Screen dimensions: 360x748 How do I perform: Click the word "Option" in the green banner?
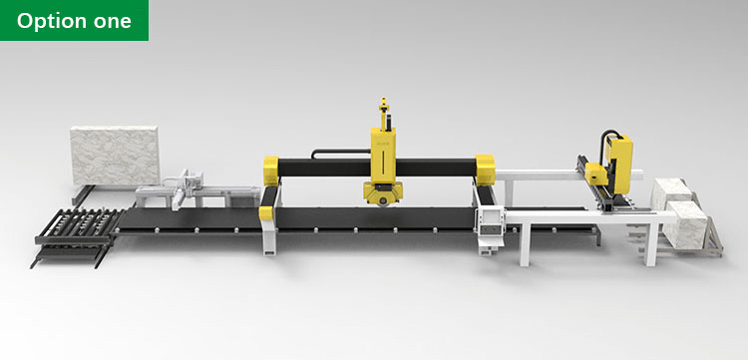(x=53, y=21)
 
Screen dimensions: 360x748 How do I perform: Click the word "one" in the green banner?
(x=113, y=21)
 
